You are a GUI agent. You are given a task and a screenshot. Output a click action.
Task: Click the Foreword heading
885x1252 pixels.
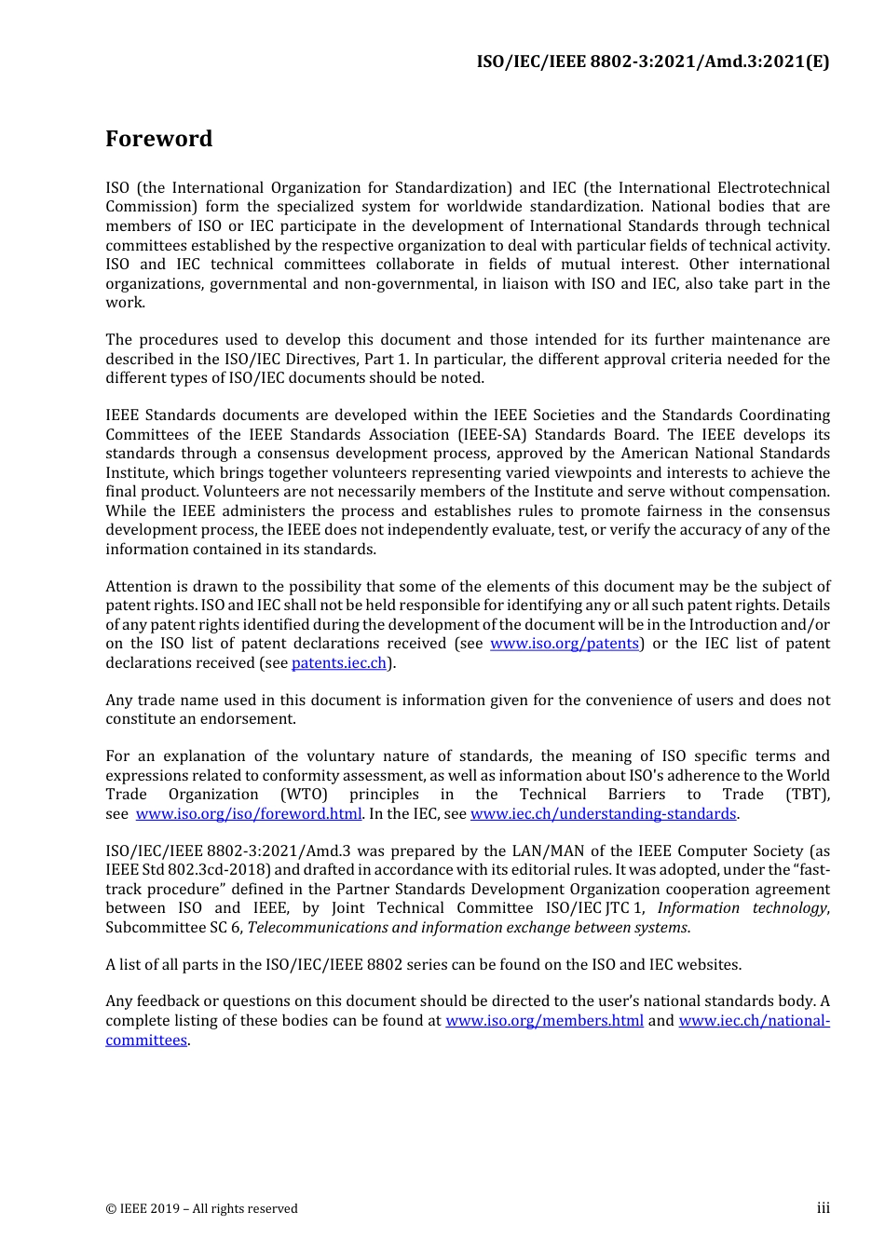[x=158, y=139]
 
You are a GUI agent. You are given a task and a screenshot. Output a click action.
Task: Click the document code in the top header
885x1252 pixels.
[x=652, y=61]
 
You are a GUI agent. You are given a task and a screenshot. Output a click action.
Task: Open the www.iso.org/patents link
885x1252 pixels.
[x=565, y=644]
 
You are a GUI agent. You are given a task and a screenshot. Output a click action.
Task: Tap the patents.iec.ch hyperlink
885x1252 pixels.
[x=339, y=663]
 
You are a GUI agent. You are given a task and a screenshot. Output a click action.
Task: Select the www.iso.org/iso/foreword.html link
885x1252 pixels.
[x=248, y=814]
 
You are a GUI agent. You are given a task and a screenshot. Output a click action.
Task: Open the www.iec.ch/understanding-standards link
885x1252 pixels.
[x=603, y=814]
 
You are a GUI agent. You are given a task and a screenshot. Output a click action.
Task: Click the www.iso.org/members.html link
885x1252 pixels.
[x=544, y=1021]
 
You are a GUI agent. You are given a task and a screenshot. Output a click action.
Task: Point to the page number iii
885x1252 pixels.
[x=823, y=1208]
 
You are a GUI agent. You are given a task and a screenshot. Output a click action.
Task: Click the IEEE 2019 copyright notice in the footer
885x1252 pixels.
[x=201, y=1209]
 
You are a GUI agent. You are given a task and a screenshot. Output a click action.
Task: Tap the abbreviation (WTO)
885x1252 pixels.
[x=304, y=795]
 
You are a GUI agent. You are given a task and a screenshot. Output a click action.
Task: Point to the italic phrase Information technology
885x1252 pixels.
[x=742, y=908]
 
